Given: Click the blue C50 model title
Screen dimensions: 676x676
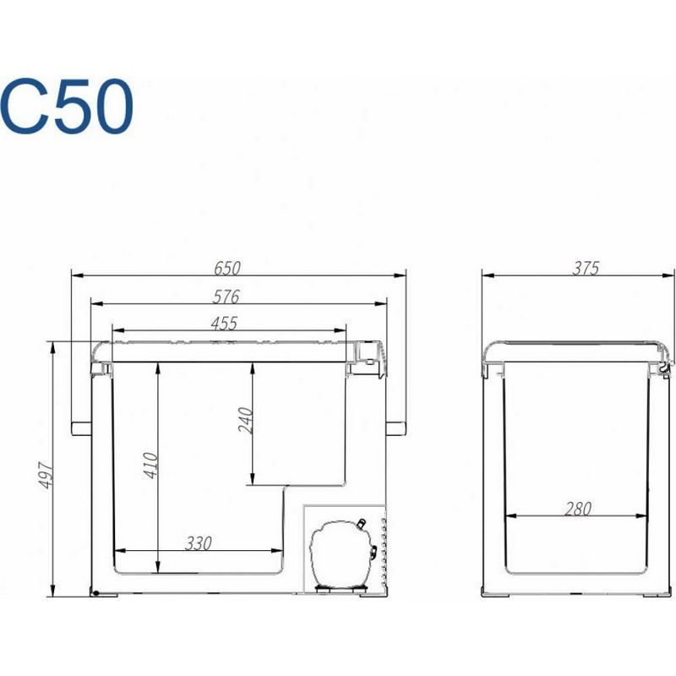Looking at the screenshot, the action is coord(67,106).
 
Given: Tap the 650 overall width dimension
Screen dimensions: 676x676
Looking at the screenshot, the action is coord(227,269).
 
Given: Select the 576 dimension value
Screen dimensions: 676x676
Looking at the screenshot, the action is coord(226,297).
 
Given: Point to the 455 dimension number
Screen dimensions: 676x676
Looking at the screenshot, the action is coord(224,324).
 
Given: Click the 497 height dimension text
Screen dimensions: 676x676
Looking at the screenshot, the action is coord(46,476).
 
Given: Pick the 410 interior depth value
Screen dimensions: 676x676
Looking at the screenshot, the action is coord(150,466).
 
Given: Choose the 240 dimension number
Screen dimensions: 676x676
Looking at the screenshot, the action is coord(245,420).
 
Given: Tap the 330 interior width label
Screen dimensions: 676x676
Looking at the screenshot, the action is coord(199,543).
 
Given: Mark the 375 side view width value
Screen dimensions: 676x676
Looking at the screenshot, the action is coord(586,269).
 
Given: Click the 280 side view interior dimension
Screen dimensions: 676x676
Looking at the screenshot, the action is coord(578,510).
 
